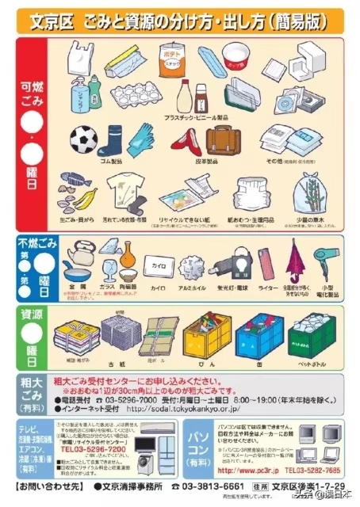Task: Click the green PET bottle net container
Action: (313, 336)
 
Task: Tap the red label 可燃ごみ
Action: (30, 93)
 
